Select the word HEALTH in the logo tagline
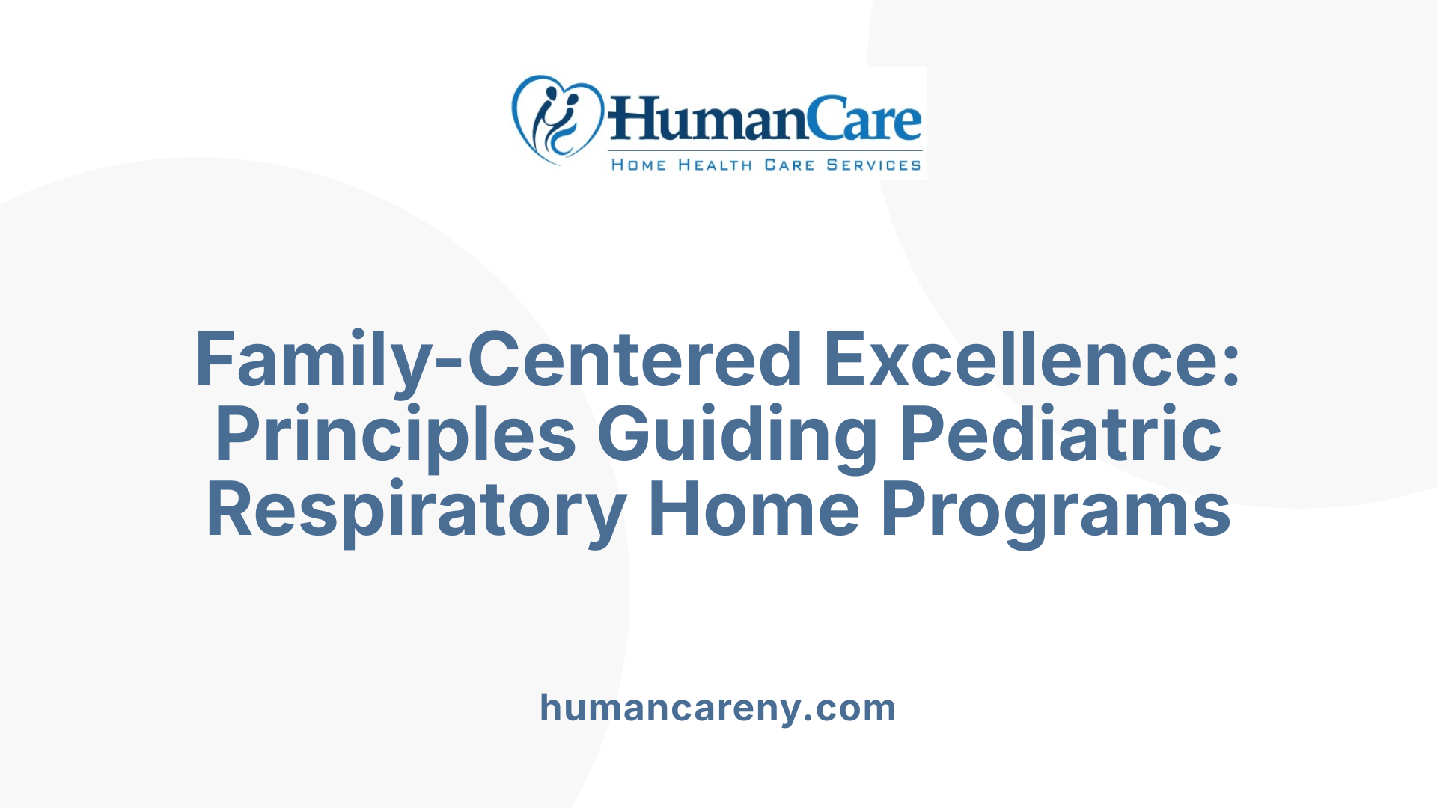point(715,165)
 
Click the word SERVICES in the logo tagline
point(873,165)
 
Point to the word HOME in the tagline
point(638,165)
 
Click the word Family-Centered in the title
point(498,360)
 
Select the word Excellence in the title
point(1022,360)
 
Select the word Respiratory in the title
point(416,510)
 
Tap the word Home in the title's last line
point(754,510)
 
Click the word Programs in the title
point(1055,510)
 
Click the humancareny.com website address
point(718,708)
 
